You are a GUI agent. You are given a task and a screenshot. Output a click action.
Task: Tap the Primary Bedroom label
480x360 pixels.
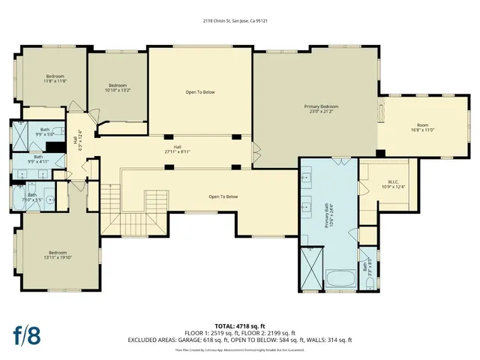(x=321, y=109)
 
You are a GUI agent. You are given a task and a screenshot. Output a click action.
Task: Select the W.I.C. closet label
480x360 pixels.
(x=396, y=184)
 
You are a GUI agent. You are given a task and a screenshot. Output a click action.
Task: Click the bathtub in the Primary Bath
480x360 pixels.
(x=340, y=280)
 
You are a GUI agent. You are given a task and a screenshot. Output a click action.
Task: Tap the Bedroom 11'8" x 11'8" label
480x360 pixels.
(x=55, y=79)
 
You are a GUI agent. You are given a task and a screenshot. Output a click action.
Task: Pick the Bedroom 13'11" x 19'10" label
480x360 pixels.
(x=58, y=255)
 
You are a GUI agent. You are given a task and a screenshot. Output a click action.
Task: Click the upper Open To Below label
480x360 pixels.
(x=200, y=93)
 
